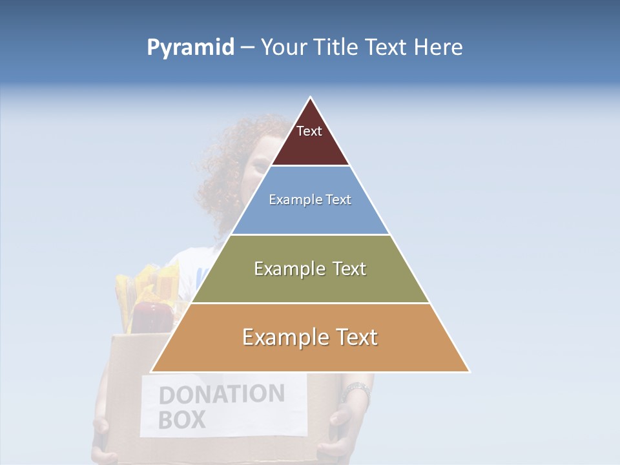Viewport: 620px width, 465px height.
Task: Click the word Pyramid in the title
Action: (190, 48)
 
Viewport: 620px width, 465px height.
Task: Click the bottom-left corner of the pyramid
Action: (152, 371)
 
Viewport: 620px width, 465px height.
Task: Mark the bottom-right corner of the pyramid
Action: (469, 371)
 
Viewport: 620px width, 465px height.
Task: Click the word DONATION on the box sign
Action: (222, 395)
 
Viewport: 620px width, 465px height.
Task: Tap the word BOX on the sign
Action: (181, 420)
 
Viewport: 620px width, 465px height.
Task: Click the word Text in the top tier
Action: (309, 131)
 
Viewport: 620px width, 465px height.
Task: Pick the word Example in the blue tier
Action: (290, 200)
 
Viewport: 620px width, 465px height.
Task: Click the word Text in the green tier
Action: (345, 269)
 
